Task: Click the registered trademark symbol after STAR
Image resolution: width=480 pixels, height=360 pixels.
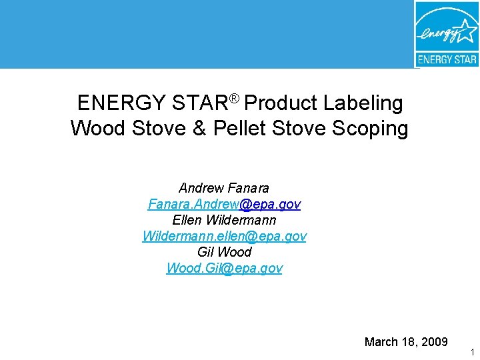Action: [234, 99]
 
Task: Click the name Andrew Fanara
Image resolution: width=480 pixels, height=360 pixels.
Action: [224, 188]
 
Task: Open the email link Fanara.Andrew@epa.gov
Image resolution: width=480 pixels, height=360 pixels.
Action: [224, 204]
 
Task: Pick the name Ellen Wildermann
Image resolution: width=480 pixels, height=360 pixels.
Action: [224, 220]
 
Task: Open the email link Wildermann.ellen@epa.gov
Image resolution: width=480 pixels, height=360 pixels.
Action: [224, 236]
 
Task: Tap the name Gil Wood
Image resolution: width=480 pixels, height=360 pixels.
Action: [224, 252]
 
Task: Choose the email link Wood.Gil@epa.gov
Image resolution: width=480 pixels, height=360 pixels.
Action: [224, 268]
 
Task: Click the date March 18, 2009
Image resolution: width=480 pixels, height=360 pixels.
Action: [406, 342]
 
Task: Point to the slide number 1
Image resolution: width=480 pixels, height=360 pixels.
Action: [472, 352]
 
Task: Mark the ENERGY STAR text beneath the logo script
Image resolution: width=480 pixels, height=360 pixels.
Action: [447, 59]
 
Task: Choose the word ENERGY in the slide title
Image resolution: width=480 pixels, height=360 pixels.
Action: [121, 103]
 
